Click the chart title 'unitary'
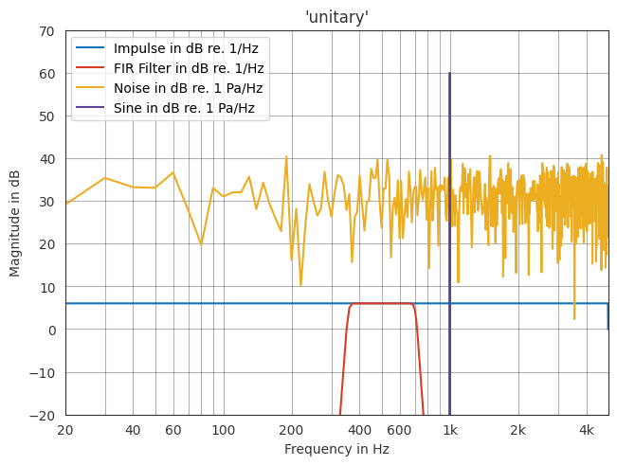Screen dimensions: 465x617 336,17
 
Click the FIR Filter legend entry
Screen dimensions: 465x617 188,68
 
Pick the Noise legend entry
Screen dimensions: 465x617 188,88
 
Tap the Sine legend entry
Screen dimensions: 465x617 184,108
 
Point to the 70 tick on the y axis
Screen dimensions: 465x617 45,31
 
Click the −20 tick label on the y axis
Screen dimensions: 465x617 42,416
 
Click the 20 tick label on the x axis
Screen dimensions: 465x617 65,431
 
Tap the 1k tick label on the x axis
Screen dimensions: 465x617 449,431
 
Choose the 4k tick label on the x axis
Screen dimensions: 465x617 586,431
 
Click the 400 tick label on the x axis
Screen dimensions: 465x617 359,431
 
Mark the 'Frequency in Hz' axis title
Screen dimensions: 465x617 336,450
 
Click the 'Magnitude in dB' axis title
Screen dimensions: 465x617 15,223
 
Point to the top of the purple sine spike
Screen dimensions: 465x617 449,74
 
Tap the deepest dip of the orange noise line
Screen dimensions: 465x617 574,318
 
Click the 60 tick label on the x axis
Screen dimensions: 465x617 172,431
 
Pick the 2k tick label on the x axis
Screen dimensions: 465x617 517,431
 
